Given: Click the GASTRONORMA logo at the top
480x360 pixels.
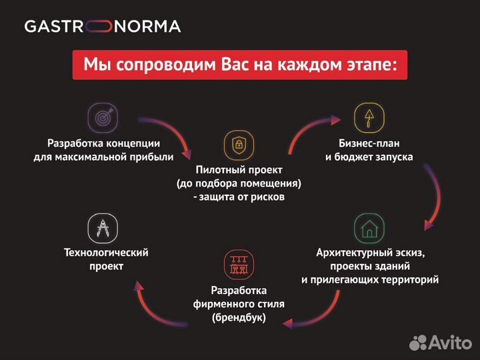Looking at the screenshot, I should coord(102,27).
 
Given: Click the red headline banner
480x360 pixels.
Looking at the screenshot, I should coord(239,65).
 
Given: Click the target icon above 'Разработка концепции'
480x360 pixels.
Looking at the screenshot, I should coord(103,118).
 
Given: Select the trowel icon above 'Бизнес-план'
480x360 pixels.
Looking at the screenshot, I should coord(369,118).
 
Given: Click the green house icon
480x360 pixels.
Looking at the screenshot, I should coord(369,228).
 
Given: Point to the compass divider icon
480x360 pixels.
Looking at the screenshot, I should coord(103,228).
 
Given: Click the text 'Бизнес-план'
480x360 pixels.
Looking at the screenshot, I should coord(369,143).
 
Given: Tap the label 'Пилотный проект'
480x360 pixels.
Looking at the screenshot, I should coord(239,170).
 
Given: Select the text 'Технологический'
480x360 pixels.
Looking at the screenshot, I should coord(105,253).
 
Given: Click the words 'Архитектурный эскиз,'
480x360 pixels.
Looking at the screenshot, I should coord(369,253).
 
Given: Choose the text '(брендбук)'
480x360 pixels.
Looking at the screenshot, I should coord(239,317).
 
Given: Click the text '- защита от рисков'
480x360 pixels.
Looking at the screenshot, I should coord(239,197).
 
